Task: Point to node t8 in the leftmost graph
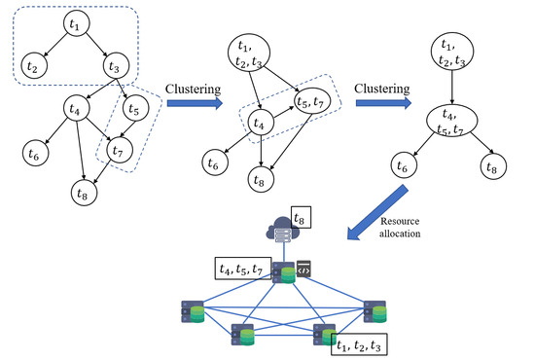84,193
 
